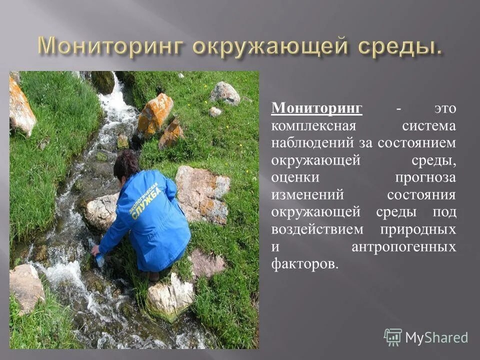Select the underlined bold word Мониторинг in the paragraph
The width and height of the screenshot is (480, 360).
pyautogui.click(x=317, y=108)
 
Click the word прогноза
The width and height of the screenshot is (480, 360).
pyautogui.click(x=425, y=177)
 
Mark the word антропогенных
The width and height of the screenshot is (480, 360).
pyautogui.click(x=404, y=246)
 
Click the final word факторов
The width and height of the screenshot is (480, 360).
pyautogui.click(x=304, y=264)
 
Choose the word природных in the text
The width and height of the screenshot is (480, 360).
pyautogui.click(x=418, y=229)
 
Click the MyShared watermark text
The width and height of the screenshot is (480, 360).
pyautogui.click(x=436, y=338)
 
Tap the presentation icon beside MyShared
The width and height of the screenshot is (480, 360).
pyautogui.click(x=393, y=337)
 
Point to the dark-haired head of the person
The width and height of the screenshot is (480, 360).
pyautogui.click(x=126, y=164)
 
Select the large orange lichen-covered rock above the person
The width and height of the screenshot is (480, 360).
pyautogui.click(x=154, y=114)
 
